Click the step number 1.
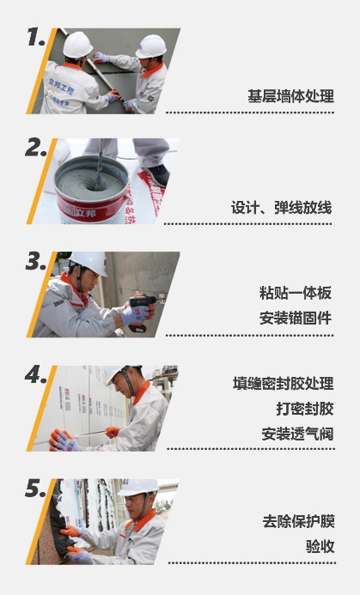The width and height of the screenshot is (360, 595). pos(36,37)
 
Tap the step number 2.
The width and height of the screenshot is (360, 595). pos(36,148)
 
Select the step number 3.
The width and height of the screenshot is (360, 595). pos(36,261)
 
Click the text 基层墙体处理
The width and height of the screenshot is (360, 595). pos(291,96)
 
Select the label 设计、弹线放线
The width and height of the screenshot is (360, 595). pos(282,208)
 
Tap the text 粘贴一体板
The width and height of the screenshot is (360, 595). pos(296,293)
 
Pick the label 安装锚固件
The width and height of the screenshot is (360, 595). pos(296,318)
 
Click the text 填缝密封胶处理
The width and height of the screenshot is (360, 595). pos(284,383)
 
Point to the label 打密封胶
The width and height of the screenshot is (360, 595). pos(305,409)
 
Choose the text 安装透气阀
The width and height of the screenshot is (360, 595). pos(297,434)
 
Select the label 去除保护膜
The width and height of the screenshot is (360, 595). pos(298,521)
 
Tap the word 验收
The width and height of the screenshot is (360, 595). pos(320,546)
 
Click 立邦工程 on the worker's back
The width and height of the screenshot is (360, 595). pos(61,87)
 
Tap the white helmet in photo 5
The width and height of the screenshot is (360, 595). pos(138,487)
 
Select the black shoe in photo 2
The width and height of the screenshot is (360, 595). pos(158,174)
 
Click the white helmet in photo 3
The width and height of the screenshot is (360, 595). pos(89,263)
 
